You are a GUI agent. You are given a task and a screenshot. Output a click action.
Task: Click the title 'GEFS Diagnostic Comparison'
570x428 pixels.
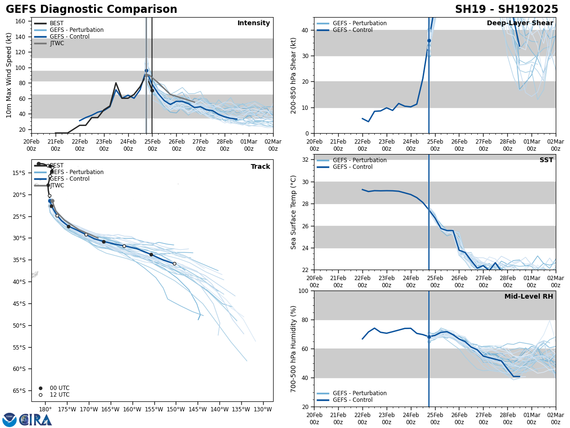pos(91,10)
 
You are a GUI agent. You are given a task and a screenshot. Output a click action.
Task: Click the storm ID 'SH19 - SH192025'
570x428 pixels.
pos(506,10)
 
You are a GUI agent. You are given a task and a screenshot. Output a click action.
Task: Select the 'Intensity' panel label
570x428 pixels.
pos(254,23)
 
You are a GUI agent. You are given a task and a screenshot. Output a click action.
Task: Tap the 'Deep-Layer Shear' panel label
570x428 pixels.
pos(520,23)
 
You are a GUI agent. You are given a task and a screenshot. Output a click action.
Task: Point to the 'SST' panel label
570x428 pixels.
pos(546,160)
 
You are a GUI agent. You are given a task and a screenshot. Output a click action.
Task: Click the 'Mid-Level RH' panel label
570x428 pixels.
pos(529,297)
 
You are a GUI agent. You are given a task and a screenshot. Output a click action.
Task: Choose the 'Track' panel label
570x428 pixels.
pos(260,167)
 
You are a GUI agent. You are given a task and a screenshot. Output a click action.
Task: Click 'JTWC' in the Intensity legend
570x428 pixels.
pos(57,43)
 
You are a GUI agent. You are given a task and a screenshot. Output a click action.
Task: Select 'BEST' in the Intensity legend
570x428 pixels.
pos(57,23)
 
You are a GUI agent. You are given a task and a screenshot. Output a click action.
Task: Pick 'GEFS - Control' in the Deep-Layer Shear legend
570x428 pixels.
pos(352,30)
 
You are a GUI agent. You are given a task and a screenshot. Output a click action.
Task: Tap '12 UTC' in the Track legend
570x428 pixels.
pos(59,395)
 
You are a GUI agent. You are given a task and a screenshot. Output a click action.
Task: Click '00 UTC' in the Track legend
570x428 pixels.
pos(59,388)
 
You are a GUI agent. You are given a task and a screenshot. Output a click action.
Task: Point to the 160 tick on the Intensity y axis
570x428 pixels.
pos(21,21)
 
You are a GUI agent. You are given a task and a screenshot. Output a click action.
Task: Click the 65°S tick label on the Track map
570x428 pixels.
pos(19,391)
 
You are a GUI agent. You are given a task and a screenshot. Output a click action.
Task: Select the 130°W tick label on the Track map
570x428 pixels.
pos(263,409)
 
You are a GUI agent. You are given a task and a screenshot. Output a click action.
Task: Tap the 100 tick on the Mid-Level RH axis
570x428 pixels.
pos(304,291)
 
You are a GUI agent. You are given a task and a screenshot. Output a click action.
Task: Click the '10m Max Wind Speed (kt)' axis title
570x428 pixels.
pos(9,75)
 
